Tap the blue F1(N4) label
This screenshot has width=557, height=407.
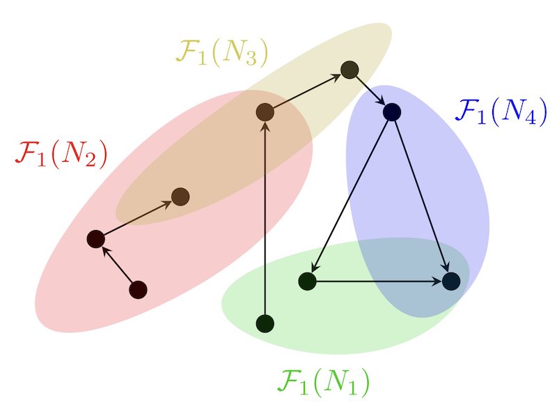click(501, 111)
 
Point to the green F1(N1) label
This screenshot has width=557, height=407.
click(323, 382)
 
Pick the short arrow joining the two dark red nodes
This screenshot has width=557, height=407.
click(117, 265)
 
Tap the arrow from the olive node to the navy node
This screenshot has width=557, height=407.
click(370, 91)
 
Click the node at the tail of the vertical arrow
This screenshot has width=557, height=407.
click(265, 323)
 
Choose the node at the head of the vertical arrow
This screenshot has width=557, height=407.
click(265, 112)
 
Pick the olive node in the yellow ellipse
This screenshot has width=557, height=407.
click(350, 70)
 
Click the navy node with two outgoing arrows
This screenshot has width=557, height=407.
click(392, 112)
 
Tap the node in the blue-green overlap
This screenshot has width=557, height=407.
click(451, 282)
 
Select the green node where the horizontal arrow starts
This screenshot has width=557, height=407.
click(307, 282)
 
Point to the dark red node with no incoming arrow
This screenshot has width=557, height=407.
click(138, 290)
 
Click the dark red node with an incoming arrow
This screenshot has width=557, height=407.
click(96, 239)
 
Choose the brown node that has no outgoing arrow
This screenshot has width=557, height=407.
click(180, 197)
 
